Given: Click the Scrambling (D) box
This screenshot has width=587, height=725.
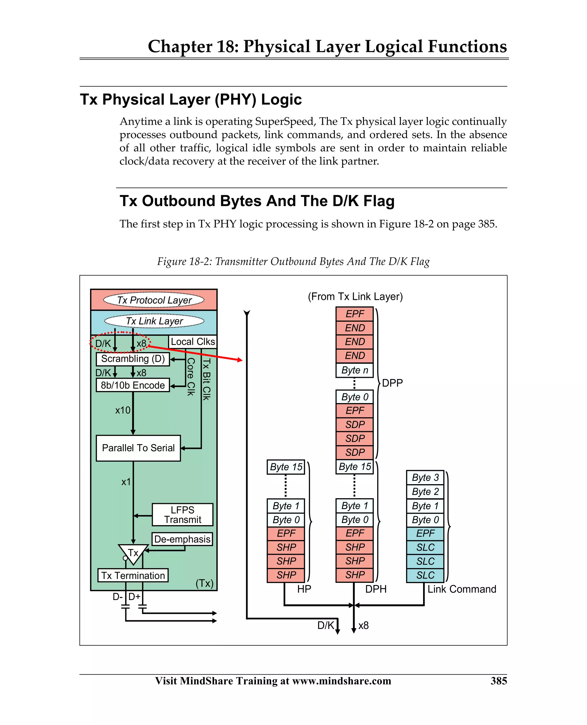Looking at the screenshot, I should coord(132,359).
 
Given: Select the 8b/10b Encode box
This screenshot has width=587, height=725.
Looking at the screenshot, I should coord(132,385).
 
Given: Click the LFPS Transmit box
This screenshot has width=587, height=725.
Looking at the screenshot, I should coord(182,515).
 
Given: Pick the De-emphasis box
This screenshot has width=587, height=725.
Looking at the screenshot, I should coord(182,539).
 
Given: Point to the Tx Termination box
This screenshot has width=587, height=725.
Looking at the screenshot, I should coord(133,576).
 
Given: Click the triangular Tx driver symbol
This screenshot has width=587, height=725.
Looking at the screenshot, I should coord(133,553).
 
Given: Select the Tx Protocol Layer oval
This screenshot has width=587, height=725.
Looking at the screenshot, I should coord(154,300).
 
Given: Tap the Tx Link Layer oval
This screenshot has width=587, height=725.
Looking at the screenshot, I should coord(154,321).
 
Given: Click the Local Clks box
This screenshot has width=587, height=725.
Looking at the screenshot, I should coord(192,341).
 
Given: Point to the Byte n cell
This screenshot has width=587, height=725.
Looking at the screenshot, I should coord(354,370).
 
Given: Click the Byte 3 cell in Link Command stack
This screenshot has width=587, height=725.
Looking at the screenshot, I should coord(425,478).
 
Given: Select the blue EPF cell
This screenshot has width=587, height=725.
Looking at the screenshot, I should coord(425,533).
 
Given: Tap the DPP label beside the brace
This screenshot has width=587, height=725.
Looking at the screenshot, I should coord(392,383).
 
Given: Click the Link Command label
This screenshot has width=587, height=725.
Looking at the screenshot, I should coord(461,589).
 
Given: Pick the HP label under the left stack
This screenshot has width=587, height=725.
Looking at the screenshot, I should coord(304,589).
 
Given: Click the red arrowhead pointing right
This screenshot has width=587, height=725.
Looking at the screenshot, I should coord(240,360).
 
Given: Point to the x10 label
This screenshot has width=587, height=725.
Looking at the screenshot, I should coord(122,410).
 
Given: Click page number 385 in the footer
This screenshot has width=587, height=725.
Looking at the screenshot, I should coord(498,681).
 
